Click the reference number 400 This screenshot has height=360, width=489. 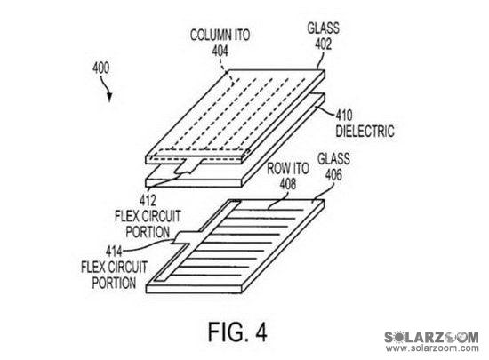click(101, 68)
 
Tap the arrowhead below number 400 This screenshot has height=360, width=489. click(109, 97)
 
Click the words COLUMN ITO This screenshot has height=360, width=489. click(220, 35)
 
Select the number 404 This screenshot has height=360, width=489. click(220, 51)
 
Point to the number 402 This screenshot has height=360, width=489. click(323, 44)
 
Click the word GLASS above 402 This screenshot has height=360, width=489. click(324, 28)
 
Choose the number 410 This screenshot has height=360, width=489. click(344, 116)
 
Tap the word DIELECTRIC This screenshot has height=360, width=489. click(365, 131)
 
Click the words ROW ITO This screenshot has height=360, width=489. click(288, 169)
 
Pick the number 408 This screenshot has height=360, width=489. click(288, 184)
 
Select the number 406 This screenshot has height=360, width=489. click(333, 174)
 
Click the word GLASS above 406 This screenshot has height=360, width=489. click(333, 159)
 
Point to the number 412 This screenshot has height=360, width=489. click(148, 200)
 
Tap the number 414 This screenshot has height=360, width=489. click(114, 252)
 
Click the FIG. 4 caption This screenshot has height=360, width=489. click(237, 332)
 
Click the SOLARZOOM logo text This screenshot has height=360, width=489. click(431, 337)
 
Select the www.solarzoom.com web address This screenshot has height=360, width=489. click(432, 348)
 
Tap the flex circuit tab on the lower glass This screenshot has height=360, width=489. click(185, 238)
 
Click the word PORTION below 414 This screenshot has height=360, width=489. click(114, 283)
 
